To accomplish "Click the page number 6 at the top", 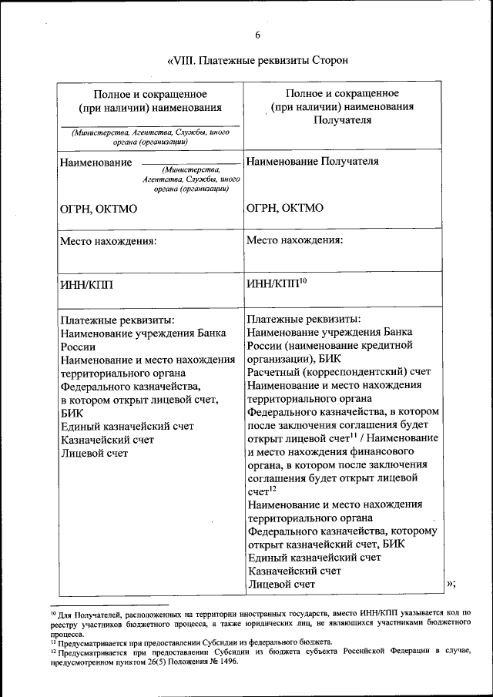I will pos(258,35).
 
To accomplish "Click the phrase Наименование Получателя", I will pos(313,162).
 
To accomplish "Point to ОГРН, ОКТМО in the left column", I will pos(99,207).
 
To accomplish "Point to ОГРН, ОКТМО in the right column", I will pos(285,207).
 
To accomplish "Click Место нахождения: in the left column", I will pos(109,241).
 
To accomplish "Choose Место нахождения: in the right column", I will pos(295,240).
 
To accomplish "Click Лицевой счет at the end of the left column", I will pos(94,453).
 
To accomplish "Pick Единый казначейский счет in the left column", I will pos(127,426).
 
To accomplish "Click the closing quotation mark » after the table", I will pos(451,583).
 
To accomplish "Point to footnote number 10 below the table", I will pos(53,612).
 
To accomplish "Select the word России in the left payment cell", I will pos(78,347).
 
